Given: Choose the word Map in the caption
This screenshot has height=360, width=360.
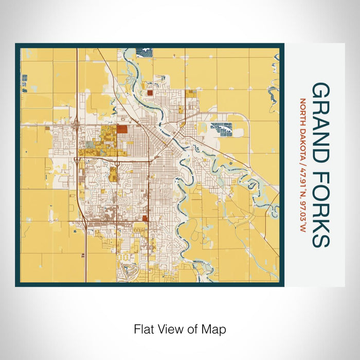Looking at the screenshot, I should [216, 329].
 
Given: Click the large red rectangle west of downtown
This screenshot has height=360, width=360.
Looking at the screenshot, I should [122, 130].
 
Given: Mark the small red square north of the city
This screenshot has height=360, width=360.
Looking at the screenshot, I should [150, 94].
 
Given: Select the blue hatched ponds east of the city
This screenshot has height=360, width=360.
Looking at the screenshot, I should [222, 129].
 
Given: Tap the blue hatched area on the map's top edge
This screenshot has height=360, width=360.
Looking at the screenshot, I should [145, 50].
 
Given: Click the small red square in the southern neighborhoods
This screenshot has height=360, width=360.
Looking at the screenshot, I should [144, 218].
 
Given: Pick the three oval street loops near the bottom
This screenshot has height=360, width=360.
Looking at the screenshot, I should [123, 256].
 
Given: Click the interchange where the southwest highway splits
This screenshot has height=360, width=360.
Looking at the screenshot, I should [78, 160].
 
